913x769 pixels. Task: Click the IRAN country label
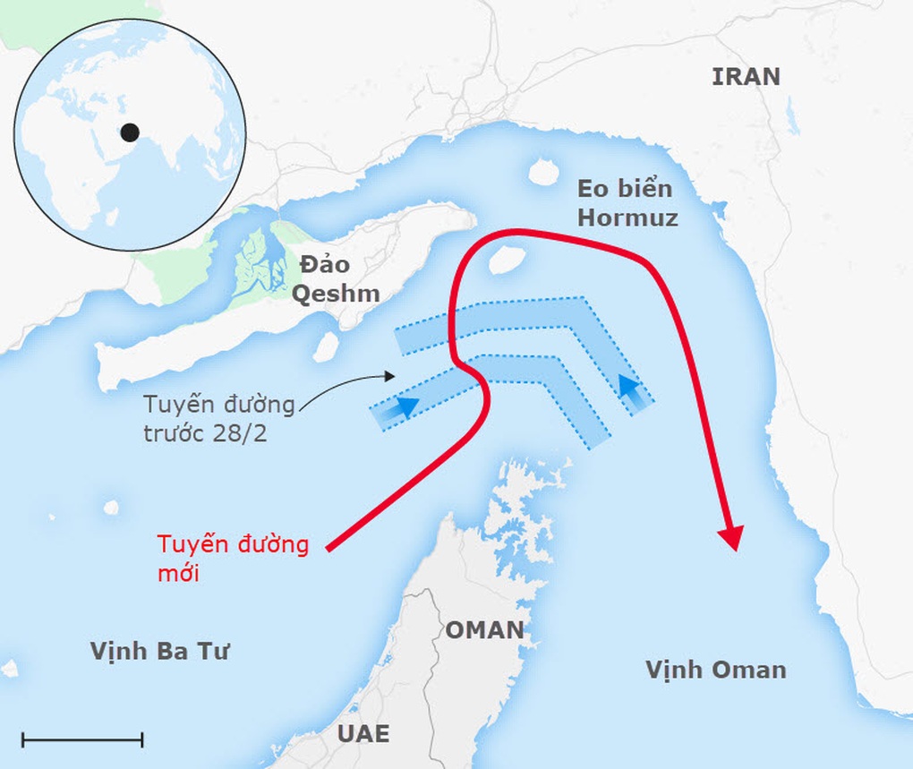click(x=746, y=77)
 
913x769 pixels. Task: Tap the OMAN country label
click(x=484, y=629)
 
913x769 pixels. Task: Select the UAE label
click(x=363, y=733)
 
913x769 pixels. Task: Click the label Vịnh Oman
click(x=715, y=669)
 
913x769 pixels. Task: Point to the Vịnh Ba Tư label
click(x=159, y=651)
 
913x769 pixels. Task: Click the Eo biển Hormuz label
click(x=627, y=203)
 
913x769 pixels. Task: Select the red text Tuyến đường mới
click(x=233, y=558)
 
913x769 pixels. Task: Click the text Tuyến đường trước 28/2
click(x=219, y=418)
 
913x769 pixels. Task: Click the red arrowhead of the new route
click(x=732, y=538)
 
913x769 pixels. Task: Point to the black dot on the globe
click(x=130, y=132)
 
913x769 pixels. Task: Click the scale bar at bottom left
click(x=82, y=739)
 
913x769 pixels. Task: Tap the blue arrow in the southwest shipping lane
click(x=405, y=408)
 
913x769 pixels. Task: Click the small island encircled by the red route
click(x=505, y=261)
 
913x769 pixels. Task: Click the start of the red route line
click(x=329, y=548)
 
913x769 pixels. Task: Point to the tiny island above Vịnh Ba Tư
click(x=110, y=508)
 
